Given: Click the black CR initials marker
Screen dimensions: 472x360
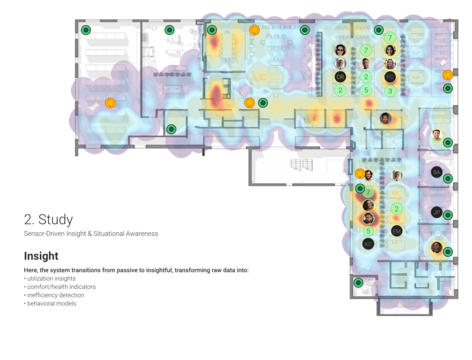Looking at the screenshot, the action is point(340,77).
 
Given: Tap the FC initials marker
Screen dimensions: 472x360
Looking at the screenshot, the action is point(390,77).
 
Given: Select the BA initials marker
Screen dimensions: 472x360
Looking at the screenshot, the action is point(436,172).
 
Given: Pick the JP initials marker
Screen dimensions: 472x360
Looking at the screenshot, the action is point(436,212).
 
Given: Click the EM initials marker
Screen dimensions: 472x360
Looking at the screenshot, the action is point(397,231).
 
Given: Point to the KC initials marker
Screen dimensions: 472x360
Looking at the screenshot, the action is point(368,244).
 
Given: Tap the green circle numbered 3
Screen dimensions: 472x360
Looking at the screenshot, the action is point(390,91).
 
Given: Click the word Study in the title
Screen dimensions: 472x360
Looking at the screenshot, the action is point(55,220).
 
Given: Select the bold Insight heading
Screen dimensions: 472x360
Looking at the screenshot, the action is point(41,256).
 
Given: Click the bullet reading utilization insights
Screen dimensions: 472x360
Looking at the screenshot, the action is point(50,279).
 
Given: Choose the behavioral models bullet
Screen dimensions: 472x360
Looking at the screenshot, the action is point(50,303).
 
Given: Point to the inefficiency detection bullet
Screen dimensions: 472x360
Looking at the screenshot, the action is point(54,295).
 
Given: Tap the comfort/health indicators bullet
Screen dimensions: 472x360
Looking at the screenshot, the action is point(60,287).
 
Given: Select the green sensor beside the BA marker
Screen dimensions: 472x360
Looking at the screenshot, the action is point(448,179).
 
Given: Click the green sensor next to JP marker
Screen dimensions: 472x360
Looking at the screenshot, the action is point(448,215).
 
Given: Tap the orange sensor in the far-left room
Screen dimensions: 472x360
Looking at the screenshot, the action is point(110,103).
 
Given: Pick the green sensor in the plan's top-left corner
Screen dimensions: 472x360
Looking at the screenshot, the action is point(86,30).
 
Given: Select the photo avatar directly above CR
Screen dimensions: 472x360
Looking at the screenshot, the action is point(340,63).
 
